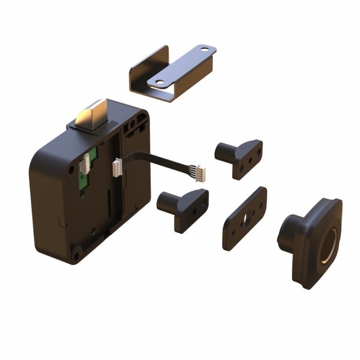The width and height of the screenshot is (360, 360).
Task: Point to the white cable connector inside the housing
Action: coord(118,168)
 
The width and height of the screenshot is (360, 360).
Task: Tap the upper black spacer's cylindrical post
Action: coord(223,150)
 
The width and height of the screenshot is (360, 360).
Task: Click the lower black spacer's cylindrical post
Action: coord(166,200)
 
